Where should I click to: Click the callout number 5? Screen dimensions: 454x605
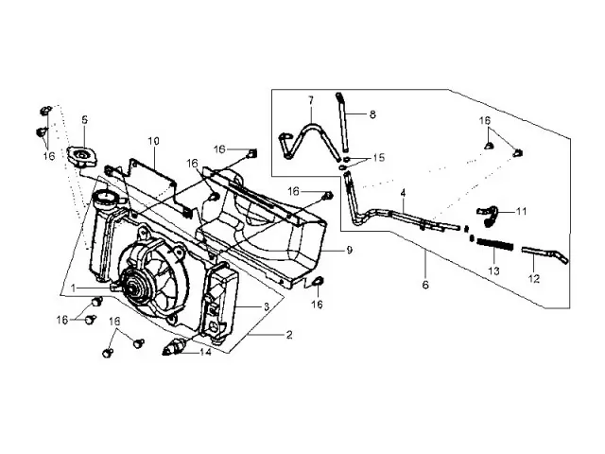tap(84, 120)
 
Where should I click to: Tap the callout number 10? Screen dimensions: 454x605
tap(153, 141)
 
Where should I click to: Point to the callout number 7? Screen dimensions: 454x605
tap(309, 99)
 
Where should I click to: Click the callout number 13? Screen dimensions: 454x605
tap(492, 271)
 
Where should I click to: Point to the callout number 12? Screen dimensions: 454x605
tap(533, 280)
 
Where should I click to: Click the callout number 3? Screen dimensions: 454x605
tap(267, 306)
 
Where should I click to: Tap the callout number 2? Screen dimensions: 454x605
tap(289, 334)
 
